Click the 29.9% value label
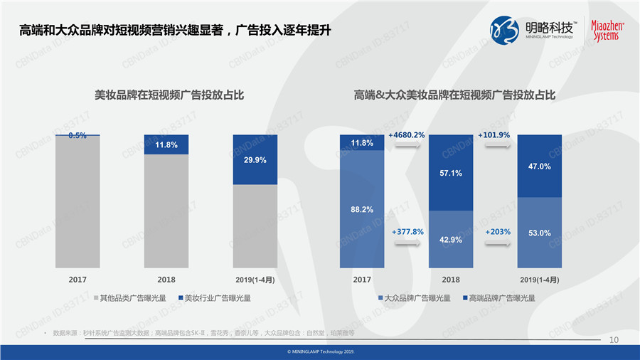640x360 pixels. pos(255,160)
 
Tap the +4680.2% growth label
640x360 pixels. pos(407,134)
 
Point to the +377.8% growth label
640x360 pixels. pos(407,231)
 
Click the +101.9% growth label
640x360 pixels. pos(496,134)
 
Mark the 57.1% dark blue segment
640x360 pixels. pos(451,173)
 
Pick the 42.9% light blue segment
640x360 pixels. pos(451,239)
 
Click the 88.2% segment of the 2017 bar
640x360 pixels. pos(362,209)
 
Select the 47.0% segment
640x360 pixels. pos(540,166)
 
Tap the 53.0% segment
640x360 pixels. pos(540,233)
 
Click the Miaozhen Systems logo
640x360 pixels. pos(608,29)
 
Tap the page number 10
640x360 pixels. pos(614,341)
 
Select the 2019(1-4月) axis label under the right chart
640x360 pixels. pos(540,280)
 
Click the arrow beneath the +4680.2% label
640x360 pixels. pos(407,146)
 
